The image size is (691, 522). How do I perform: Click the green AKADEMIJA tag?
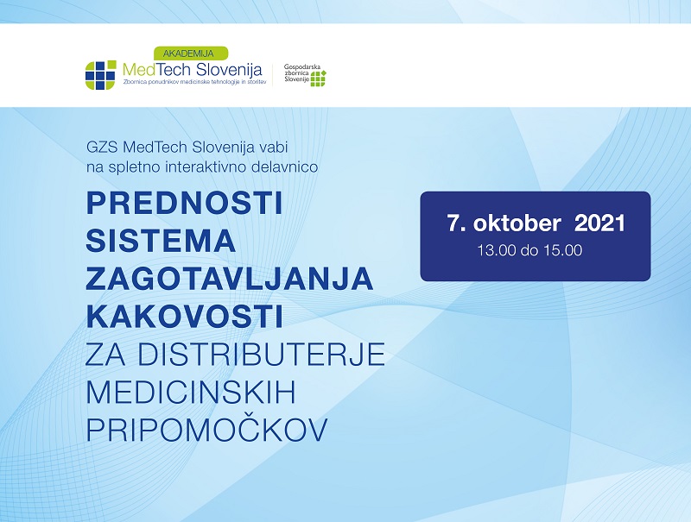(191, 53)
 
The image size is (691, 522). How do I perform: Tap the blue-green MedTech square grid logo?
(100, 75)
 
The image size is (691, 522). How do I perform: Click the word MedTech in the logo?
(156, 70)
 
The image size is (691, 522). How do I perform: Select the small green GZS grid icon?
(318, 78)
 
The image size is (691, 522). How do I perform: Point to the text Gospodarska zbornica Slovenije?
(296, 73)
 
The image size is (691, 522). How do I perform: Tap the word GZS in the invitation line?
(102, 147)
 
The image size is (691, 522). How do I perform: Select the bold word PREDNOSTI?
(184, 203)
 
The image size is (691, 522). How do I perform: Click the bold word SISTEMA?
(161, 241)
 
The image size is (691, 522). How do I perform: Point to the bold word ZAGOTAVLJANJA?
(230, 278)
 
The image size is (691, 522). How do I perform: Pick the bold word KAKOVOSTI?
(184, 316)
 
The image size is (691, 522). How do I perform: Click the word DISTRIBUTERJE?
(262, 354)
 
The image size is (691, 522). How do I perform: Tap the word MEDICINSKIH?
(190, 392)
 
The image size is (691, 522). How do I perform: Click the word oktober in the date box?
(517, 223)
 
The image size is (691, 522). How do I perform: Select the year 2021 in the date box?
(599, 223)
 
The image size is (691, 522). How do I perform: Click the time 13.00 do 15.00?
(529, 250)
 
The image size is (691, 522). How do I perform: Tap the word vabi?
(273, 147)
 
